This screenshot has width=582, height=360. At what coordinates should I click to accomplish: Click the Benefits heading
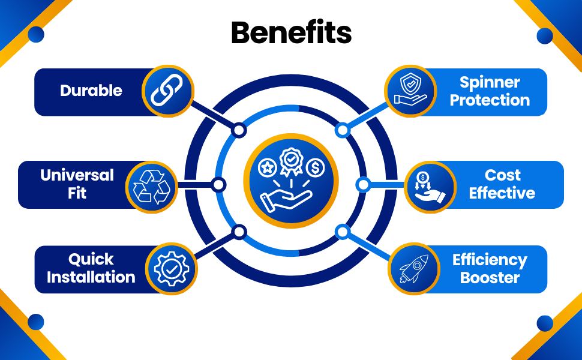(291, 33)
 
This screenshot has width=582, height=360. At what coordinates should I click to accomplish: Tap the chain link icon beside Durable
(168, 91)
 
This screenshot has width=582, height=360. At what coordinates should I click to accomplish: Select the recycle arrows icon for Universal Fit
(151, 185)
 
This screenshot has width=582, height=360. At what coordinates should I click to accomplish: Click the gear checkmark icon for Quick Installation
(171, 268)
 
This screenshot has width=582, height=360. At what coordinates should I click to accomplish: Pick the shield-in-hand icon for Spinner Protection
(410, 91)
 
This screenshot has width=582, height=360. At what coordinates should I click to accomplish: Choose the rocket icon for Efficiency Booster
(413, 268)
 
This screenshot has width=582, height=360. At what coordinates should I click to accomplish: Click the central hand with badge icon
(291, 181)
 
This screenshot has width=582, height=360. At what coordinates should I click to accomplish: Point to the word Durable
(91, 91)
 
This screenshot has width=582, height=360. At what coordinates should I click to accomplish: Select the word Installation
(91, 277)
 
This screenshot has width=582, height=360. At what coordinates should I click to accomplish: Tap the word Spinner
(490, 83)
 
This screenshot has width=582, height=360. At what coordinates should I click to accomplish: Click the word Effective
(502, 193)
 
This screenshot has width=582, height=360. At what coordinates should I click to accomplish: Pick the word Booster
(490, 278)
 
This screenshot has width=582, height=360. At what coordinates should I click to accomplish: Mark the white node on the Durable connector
(239, 130)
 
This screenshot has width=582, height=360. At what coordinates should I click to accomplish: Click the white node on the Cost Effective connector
(363, 184)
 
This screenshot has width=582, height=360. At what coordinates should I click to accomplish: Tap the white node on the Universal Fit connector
(219, 184)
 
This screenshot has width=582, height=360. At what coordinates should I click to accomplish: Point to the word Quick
(91, 260)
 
